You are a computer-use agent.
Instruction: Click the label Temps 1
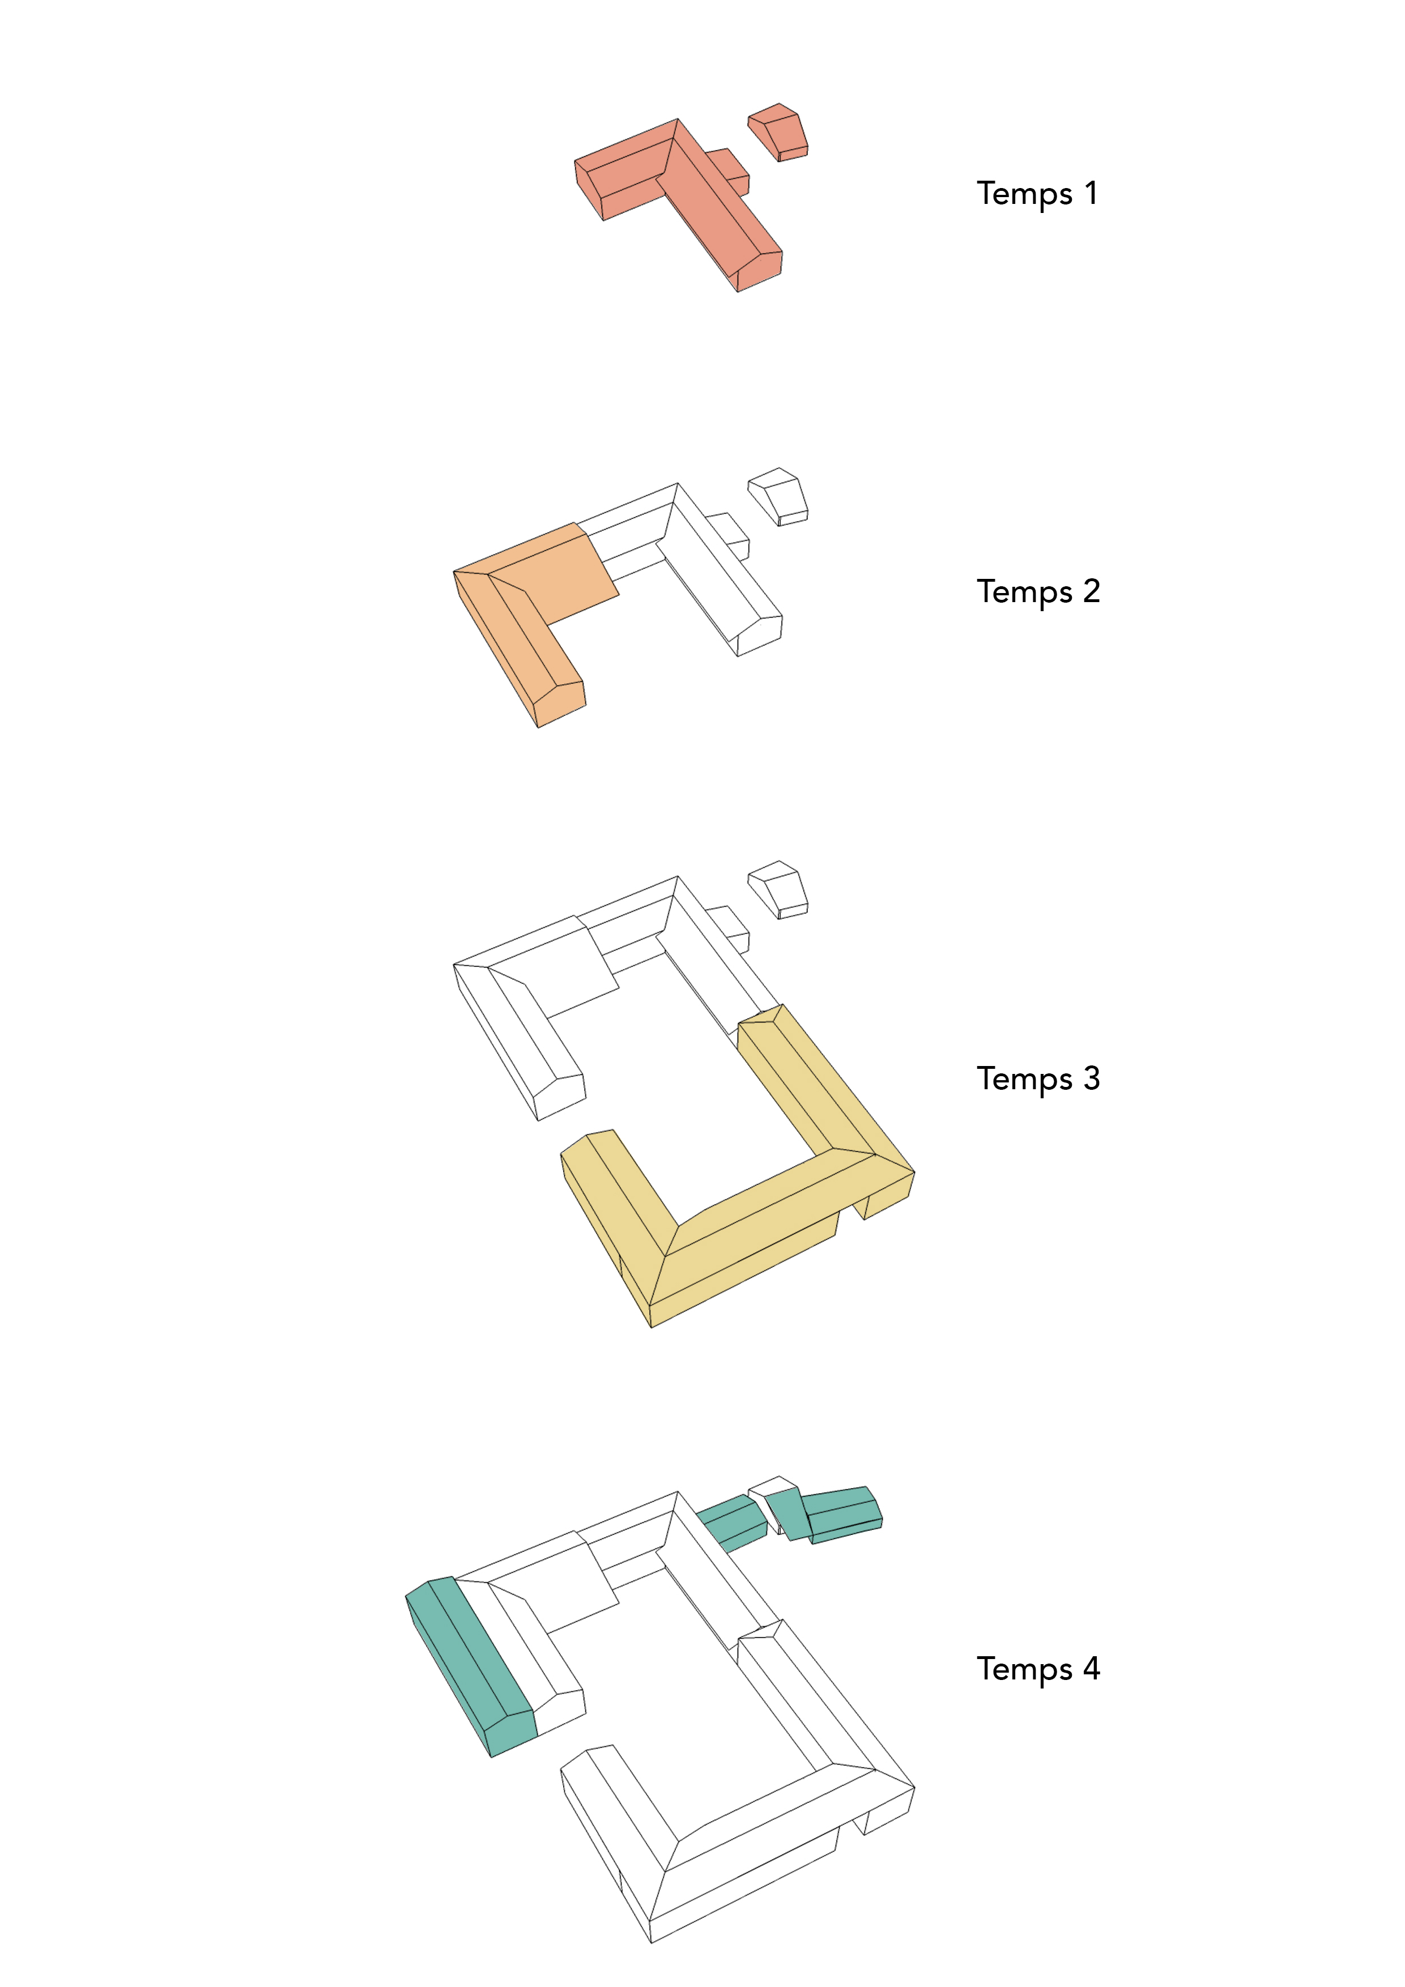pos(1037,194)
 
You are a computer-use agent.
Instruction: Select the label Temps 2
pos(1038,592)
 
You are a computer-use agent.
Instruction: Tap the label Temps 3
pos(1038,1079)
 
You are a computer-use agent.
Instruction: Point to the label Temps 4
pos(1038,1669)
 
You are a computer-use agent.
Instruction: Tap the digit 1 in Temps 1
pos(1092,192)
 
